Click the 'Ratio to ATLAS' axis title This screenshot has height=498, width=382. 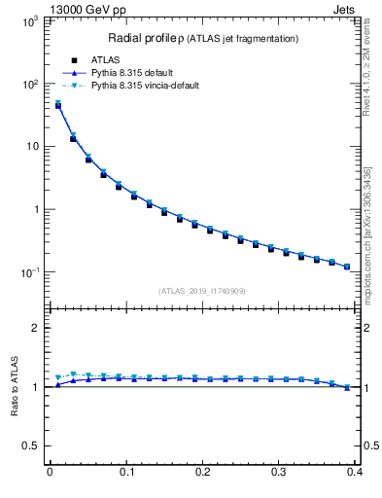point(14,387)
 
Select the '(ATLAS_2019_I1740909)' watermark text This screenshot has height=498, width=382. point(202,291)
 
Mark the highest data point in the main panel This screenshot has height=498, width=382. point(57,105)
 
